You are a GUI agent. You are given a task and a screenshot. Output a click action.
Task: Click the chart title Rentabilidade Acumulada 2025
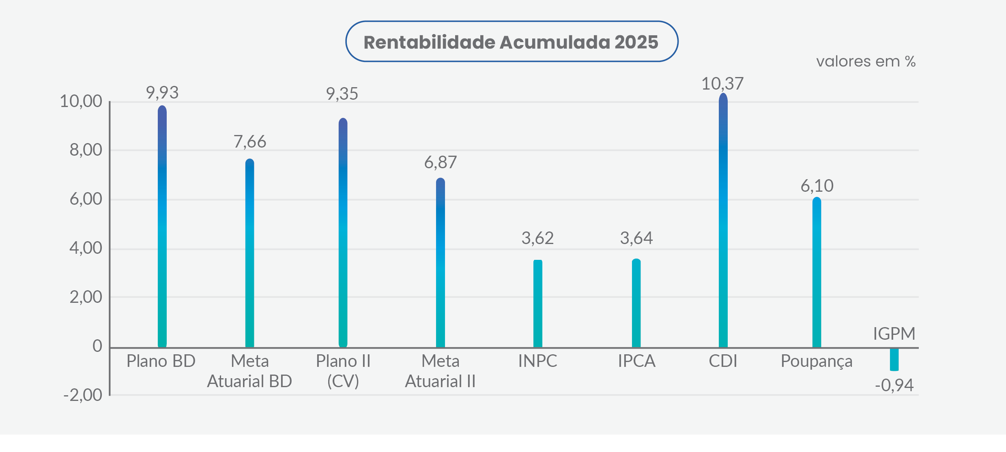[x=511, y=42]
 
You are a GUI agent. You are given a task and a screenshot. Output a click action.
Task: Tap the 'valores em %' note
[x=866, y=62]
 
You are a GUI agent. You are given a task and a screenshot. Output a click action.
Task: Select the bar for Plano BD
[x=162, y=227]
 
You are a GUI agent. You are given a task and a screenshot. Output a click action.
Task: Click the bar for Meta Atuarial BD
[x=250, y=253]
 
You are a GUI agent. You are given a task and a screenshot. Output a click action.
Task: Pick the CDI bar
[x=723, y=221]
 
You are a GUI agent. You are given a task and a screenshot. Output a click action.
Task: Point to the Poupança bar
[x=817, y=272]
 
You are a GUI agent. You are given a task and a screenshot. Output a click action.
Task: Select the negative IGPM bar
[x=894, y=359]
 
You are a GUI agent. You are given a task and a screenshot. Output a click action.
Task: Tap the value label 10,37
[x=722, y=84]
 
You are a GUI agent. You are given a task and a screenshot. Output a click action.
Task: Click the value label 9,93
[x=162, y=93]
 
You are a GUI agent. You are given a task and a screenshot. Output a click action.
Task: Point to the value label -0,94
[x=894, y=385]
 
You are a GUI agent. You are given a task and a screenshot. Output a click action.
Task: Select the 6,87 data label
[x=441, y=163]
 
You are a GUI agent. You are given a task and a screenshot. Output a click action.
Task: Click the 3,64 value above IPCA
[x=636, y=238]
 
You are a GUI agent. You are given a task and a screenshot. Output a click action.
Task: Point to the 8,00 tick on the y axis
[x=86, y=150]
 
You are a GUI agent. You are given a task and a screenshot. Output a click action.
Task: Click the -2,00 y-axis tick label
[x=83, y=395]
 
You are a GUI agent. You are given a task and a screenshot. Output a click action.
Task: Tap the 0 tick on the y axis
[x=97, y=346]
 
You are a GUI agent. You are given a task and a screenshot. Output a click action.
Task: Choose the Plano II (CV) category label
[x=343, y=371]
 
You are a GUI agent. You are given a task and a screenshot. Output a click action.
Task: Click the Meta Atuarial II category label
[x=441, y=371]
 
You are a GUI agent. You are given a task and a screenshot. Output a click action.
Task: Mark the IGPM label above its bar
[x=894, y=334]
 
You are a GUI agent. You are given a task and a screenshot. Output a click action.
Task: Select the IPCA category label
[x=636, y=361]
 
